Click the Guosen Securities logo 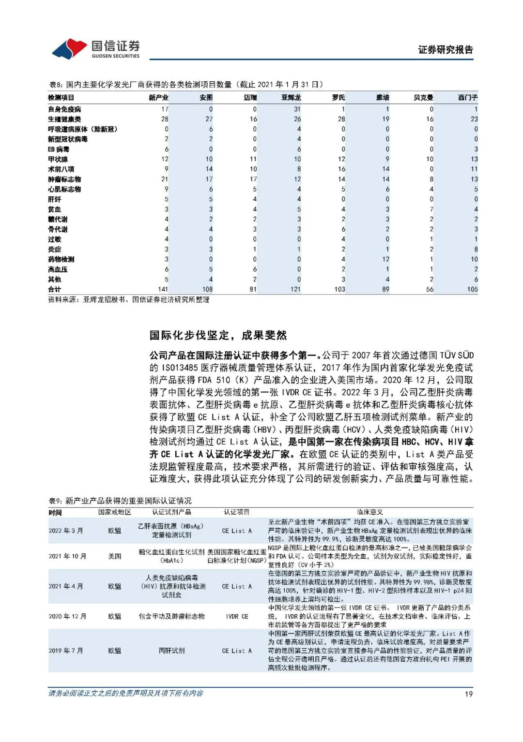coord(96,49)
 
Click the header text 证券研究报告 coord(445,50)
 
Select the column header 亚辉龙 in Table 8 coord(291,98)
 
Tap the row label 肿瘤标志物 coord(64,179)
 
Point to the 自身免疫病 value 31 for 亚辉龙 coord(297,109)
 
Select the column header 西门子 coord(467,98)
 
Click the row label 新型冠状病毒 coord(68,139)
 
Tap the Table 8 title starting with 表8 coord(186,85)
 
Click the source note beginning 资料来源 coord(129,300)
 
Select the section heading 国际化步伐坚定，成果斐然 coord(218,335)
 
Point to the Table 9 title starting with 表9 coord(120,501)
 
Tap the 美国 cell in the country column coord(115,556)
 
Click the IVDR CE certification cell coord(237,616)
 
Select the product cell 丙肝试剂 coord(171,651)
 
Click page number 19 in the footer coord(468,694)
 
